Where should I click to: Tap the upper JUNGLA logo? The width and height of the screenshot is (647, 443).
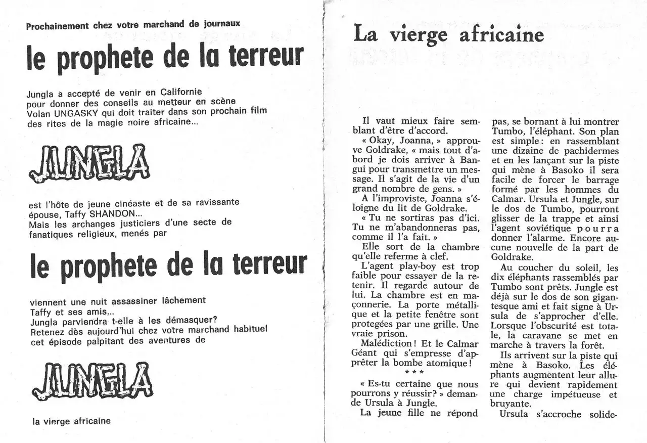pos(89,163)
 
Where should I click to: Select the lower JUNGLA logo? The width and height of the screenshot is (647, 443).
pos(92,381)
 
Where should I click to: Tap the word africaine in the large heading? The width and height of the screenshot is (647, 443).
pos(501,34)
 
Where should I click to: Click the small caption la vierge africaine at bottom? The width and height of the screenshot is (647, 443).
pos(71,421)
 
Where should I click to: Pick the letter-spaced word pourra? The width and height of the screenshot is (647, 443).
pos(596,228)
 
